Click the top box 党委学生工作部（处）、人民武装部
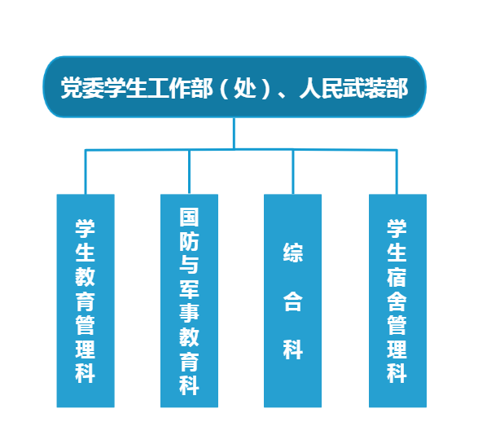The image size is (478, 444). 235,87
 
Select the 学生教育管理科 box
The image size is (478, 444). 86,301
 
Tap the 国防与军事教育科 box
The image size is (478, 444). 189,301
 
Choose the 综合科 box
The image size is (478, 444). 292,301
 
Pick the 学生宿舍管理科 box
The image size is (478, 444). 397,301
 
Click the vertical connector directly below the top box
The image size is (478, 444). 235,134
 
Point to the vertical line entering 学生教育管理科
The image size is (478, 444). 86,172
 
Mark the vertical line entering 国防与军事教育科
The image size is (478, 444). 189,172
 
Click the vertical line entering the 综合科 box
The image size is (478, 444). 293,172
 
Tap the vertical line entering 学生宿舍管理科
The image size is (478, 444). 397,172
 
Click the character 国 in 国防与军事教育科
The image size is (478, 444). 189,217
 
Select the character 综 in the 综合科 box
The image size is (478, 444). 293,253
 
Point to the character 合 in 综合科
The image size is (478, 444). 293,301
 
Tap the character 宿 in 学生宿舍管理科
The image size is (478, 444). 397,277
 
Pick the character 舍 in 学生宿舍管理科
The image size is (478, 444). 397,301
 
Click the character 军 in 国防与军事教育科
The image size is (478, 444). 189,289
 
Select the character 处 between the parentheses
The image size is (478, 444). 245,88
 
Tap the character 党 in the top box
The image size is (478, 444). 72,88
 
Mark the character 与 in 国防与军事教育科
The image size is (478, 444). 189,265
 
